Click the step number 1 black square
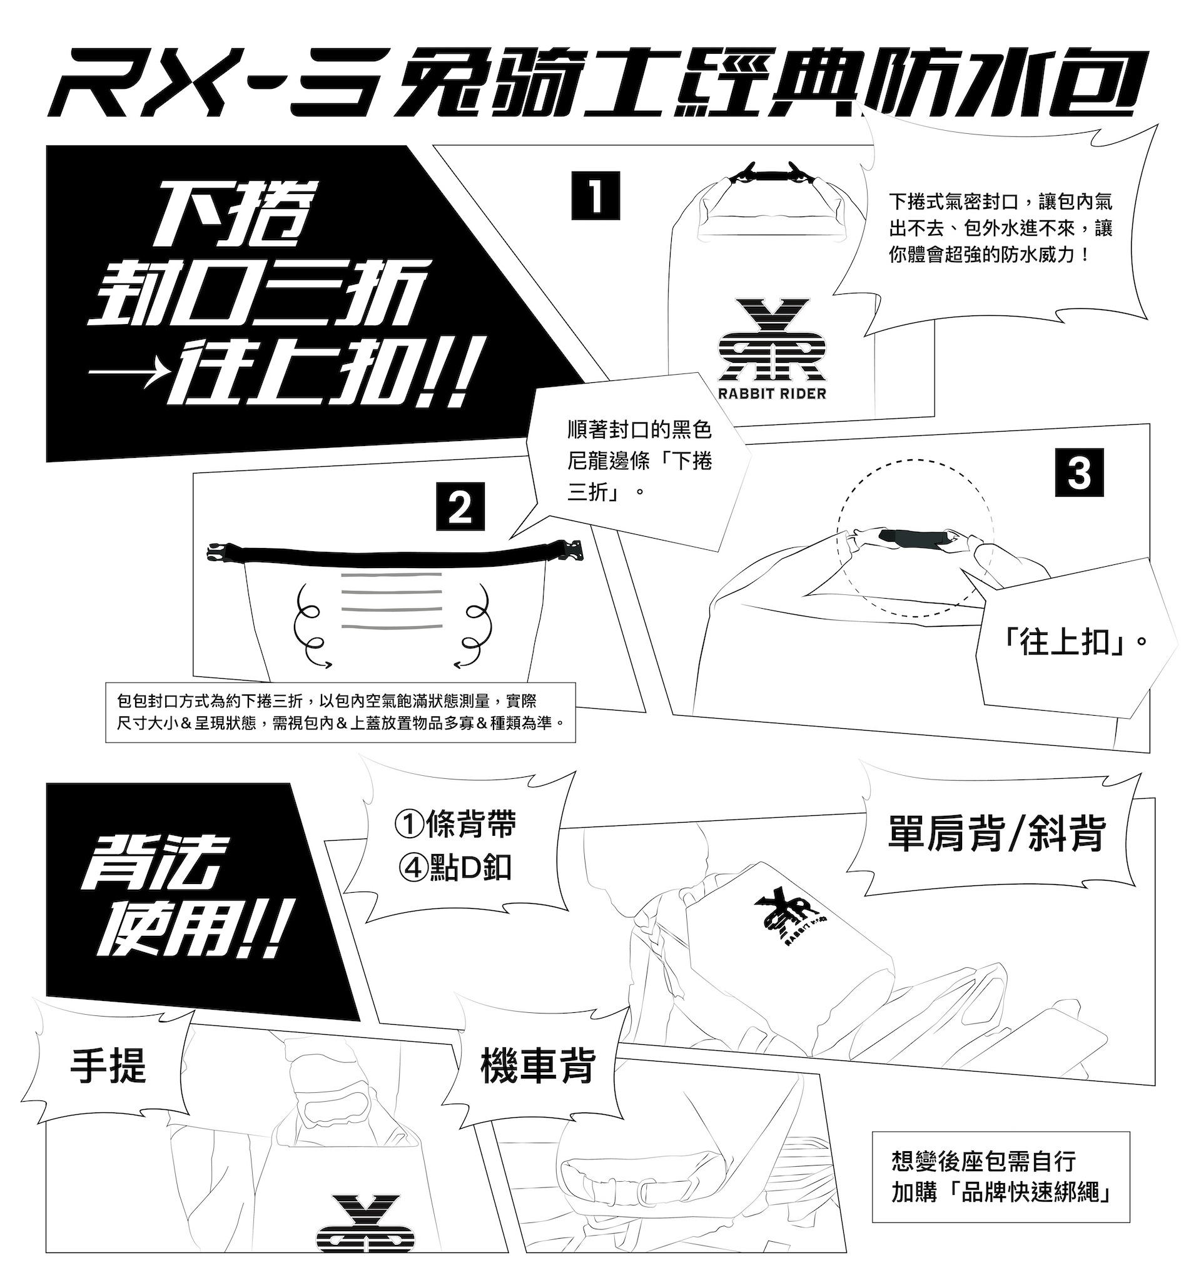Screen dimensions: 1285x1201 (595, 195)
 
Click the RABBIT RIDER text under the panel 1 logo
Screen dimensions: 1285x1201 (772, 393)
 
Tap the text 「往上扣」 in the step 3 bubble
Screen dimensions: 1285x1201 (1073, 643)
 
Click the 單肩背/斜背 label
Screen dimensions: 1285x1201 (996, 834)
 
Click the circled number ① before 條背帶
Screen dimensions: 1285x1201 (408, 825)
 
